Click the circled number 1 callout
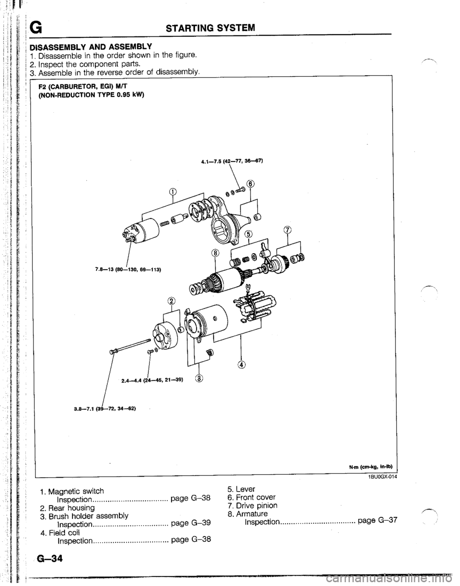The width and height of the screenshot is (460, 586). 172,191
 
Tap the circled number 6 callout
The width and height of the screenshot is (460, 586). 251,184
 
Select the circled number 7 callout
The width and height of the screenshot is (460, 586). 288,230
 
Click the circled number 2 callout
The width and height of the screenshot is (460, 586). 171,301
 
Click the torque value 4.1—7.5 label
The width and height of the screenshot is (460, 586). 232,161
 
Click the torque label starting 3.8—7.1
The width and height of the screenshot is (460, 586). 104,416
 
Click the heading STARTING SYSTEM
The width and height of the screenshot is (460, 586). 210,27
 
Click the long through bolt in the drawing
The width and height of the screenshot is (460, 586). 130,346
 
